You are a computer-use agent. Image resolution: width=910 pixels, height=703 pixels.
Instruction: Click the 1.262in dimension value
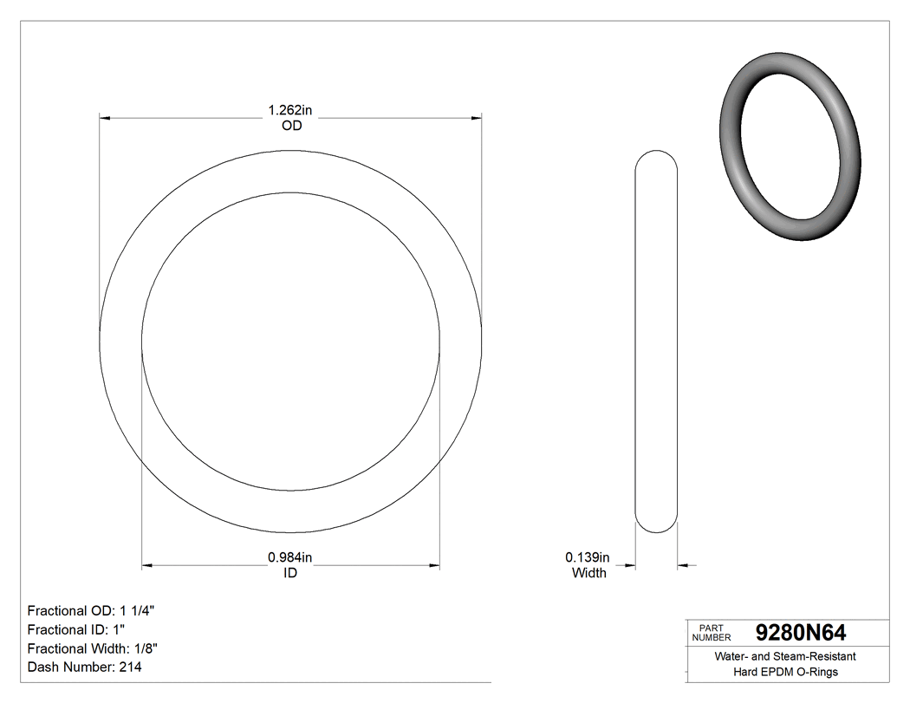pos(290,110)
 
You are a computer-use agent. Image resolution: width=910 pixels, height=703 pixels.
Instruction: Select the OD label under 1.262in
pos(291,126)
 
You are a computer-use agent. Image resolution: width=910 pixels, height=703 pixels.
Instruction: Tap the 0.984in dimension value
pos(289,557)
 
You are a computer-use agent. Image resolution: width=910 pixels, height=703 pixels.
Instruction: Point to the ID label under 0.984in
pos(290,573)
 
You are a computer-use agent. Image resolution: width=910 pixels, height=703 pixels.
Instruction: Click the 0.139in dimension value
pos(588,557)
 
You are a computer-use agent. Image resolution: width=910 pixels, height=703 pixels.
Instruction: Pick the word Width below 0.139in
pos(589,572)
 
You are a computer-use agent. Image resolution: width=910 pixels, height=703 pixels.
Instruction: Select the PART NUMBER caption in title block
pos(711,632)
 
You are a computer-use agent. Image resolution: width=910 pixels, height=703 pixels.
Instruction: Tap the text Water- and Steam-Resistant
pos(785,657)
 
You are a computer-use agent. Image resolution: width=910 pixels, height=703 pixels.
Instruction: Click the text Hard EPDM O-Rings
pos(785,672)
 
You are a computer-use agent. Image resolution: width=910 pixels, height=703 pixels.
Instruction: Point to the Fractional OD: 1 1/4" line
pos(91,610)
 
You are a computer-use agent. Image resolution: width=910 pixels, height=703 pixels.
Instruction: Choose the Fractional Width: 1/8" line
pos(93,648)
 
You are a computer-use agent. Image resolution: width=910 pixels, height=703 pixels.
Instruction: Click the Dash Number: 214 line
pos(85,667)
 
